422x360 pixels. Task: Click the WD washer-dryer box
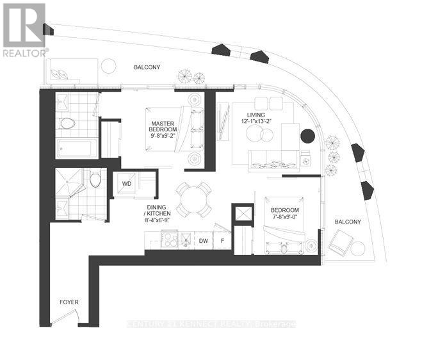coord(127,184)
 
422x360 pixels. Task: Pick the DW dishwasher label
coord(203,241)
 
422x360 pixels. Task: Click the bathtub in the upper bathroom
coord(76,147)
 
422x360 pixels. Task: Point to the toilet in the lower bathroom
coord(95,179)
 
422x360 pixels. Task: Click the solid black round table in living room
coord(308,136)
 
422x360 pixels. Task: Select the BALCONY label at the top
coord(147,67)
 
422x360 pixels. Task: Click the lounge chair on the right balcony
coord(342,242)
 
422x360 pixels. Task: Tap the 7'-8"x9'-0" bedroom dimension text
coord(285,217)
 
